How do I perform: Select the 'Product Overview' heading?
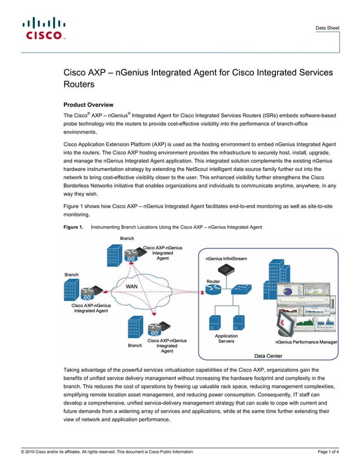tap(89, 105)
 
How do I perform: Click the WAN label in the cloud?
tap(131, 287)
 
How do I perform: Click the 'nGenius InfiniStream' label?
tap(225, 258)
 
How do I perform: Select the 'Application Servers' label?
tap(227, 338)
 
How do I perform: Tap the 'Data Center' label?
tap(269, 356)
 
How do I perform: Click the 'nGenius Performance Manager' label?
tap(306, 342)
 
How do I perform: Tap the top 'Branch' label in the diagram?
tap(127, 239)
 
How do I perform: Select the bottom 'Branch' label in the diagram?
tap(135, 345)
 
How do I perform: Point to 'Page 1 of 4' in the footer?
tap(329, 452)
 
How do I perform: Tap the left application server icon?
tap(214, 322)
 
